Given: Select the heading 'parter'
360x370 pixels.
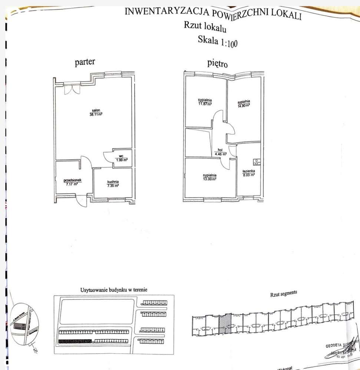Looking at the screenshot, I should click(85, 62).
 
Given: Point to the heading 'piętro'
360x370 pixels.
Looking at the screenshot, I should click(217, 63).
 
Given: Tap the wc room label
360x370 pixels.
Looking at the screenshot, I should click(121, 156).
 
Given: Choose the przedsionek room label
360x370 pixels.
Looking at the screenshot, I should click(72, 180).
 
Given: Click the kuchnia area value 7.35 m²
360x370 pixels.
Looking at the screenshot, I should click(113, 186).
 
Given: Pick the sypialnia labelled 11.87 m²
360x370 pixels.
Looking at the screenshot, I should click(205, 104).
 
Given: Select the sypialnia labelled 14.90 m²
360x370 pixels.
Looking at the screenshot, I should click(244, 105).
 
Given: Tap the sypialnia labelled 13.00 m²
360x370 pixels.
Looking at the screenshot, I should click(209, 179).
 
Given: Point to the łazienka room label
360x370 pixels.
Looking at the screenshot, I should click(248, 171).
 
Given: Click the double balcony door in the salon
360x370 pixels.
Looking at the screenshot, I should click(72, 89).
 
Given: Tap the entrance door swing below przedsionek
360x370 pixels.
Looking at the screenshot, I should click(81, 201).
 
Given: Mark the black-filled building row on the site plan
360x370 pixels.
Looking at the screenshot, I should click(75, 341).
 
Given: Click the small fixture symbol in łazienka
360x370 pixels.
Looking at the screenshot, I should click(257, 161).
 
